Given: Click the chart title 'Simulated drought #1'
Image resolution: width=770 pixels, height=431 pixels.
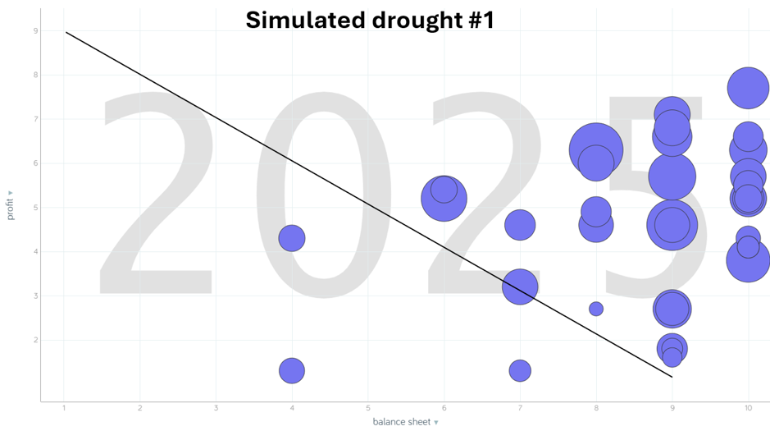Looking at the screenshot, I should pyautogui.click(x=370, y=19).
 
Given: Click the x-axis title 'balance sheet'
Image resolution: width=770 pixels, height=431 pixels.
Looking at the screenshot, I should pyautogui.click(x=401, y=422).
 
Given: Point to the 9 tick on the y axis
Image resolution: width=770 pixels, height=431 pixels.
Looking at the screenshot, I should pyautogui.click(x=35, y=31).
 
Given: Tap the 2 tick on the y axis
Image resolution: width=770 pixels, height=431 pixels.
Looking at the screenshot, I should pyautogui.click(x=35, y=340).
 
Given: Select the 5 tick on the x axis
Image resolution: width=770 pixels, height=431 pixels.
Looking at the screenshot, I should pyautogui.click(x=368, y=408).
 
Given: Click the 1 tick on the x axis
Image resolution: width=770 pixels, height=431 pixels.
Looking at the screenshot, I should pyautogui.click(x=64, y=408).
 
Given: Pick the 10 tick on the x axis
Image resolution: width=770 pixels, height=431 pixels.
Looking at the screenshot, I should pyautogui.click(x=748, y=408).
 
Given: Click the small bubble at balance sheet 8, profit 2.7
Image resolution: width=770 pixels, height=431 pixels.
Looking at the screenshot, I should pyautogui.click(x=596, y=309).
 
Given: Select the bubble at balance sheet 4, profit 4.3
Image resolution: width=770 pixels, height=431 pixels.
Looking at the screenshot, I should pyautogui.click(x=292, y=238).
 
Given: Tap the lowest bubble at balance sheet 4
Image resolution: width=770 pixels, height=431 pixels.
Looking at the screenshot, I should pyautogui.click(x=292, y=370).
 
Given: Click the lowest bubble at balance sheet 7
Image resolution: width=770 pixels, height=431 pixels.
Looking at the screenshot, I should pyautogui.click(x=520, y=371).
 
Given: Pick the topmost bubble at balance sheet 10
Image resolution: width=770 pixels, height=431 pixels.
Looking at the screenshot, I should pyautogui.click(x=748, y=88).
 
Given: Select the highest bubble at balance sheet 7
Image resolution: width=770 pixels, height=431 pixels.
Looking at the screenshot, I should pyautogui.click(x=520, y=224).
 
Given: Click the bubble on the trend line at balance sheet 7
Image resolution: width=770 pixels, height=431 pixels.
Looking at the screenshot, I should pyautogui.click(x=520, y=287).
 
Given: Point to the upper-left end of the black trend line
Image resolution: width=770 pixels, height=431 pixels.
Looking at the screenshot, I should pyautogui.click(x=66, y=32).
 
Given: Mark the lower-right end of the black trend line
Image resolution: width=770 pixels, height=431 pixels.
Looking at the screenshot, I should pyautogui.click(x=672, y=377).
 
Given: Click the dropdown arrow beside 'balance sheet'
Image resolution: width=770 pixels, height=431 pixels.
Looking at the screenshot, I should pyautogui.click(x=436, y=423).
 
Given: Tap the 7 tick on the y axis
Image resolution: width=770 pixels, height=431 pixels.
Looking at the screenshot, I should pyautogui.click(x=35, y=119).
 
